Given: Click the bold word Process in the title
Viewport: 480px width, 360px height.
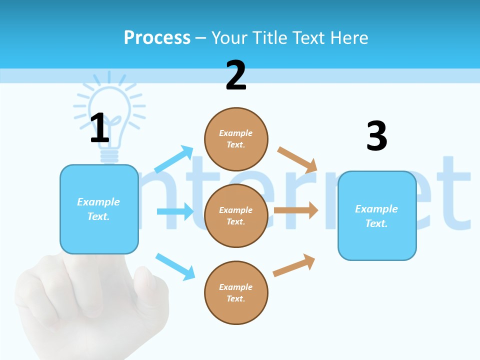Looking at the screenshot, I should pos(157,38).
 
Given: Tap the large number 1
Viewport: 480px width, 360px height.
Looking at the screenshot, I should pos(99,128).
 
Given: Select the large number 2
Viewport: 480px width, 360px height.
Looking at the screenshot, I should pos(236,75).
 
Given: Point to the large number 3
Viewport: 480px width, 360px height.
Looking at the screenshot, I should pos(376,135).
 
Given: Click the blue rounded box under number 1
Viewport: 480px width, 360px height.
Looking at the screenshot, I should pos(99,209).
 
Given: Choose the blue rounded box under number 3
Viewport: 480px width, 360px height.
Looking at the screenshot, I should pos(377,216).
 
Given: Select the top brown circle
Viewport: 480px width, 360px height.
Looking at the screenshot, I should pos(236,139).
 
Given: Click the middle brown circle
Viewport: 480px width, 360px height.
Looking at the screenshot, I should pos(236,215).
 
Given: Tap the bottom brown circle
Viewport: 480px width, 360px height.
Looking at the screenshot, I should pos(236,292).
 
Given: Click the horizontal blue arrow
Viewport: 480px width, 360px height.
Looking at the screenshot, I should pos(175,211).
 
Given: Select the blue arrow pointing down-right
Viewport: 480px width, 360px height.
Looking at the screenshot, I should pos(175,266).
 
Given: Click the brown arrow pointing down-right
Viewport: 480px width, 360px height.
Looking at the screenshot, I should pos(297,159).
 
